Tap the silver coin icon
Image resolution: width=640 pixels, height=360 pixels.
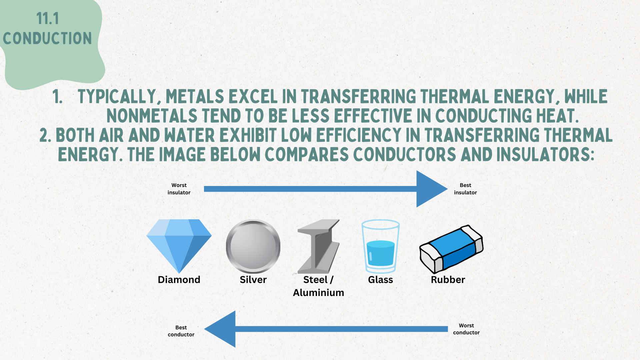click(x=253, y=246)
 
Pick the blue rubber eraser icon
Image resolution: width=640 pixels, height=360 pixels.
click(x=451, y=249)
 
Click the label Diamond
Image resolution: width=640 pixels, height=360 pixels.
click(x=179, y=280)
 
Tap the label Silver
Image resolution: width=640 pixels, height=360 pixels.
click(x=253, y=280)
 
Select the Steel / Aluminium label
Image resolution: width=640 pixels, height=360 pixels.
click(x=318, y=286)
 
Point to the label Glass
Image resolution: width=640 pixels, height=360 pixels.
click(x=380, y=280)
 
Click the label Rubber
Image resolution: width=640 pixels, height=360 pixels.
click(x=448, y=280)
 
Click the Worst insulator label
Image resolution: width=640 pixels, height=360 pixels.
click(x=179, y=189)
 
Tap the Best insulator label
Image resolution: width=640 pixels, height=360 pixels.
click(x=465, y=189)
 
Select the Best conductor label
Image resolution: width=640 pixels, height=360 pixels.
click(x=181, y=331)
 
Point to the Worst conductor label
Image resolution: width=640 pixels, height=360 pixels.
click(x=466, y=329)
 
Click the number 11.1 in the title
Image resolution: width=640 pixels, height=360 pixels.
click(x=48, y=19)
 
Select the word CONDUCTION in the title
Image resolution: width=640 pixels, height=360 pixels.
click(x=47, y=38)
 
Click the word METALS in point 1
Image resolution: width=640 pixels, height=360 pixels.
click(x=195, y=97)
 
